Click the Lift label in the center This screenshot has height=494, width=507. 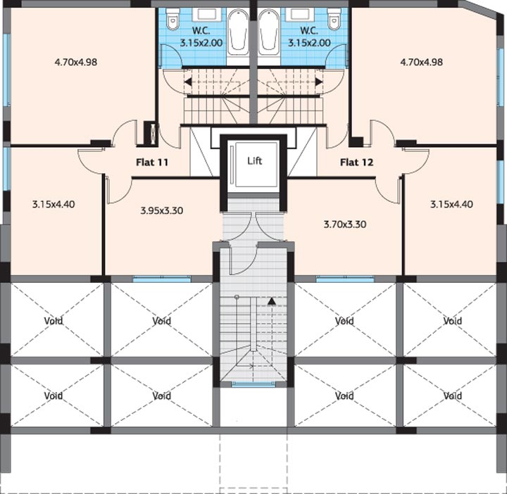coord(254,160)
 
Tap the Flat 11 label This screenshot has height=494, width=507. coord(152,162)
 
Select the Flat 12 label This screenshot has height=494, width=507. coord(356,162)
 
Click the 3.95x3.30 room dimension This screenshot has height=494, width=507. coord(162,210)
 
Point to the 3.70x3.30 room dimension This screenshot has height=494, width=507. coord(345,224)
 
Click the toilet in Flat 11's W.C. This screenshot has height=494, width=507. coord(173,19)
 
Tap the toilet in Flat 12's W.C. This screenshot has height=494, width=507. coord(334,19)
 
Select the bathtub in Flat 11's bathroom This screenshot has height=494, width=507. coord(238,32)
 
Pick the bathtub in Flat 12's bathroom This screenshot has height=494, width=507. coord(269,32)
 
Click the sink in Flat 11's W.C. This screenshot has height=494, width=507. coord(207,15)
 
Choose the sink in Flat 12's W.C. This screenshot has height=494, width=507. coord(300,15)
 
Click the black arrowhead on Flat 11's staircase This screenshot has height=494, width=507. coord(188,82)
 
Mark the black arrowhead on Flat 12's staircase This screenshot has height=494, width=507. coord(319,82)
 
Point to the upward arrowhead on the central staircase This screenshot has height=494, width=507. coord(272,301)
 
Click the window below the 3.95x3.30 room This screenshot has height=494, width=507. coord(162,279)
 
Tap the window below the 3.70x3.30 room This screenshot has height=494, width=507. coord(345,279)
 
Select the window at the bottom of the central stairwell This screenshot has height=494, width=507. coord(254,384)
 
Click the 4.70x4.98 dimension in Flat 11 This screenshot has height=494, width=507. coord(76,62)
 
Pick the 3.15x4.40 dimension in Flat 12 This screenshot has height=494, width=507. coord(451,204)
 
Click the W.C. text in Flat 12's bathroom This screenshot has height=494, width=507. coord(309,31)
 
